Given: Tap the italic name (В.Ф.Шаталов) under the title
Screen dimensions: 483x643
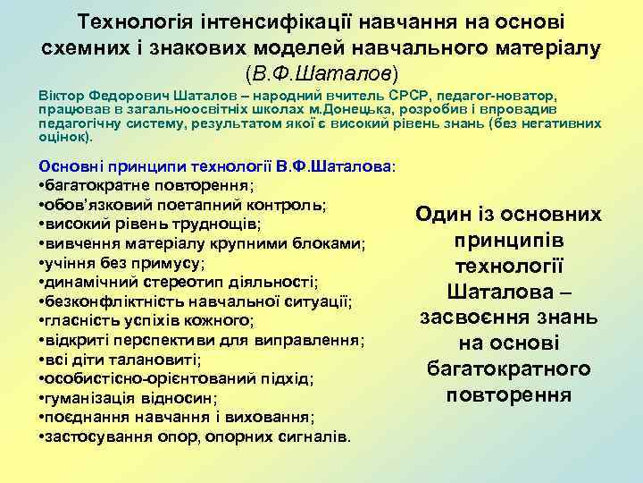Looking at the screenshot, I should click(321, 69).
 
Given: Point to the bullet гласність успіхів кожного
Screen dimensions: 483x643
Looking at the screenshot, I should click(147, 320).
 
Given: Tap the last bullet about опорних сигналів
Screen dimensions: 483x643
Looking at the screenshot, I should click(196, 436).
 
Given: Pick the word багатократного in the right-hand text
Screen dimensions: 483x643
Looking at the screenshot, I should click(508, 369).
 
